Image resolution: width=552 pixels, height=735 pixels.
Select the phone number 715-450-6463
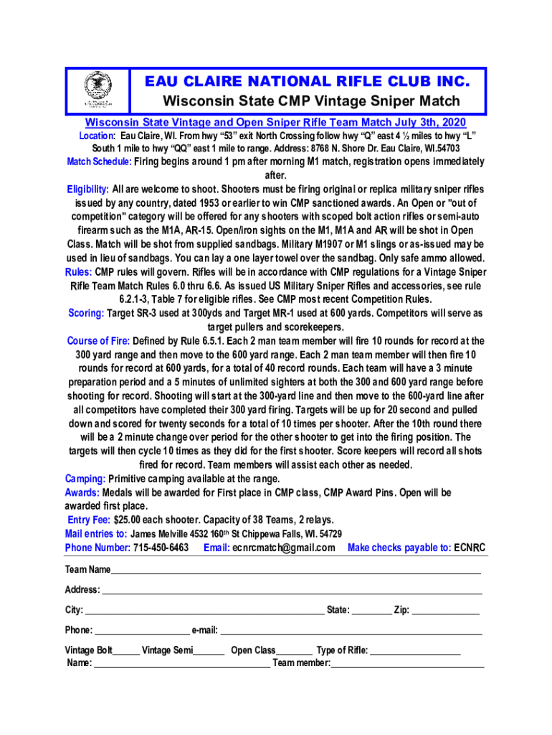tap(161, 548)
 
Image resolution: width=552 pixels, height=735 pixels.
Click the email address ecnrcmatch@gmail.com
tap(283, 548)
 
